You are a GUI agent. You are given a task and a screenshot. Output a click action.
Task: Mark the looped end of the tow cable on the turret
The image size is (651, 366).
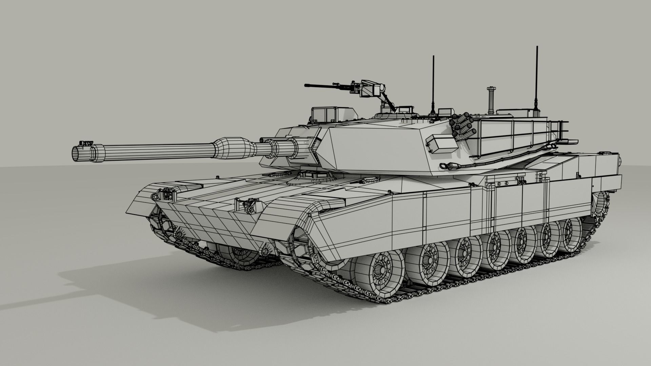445,166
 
